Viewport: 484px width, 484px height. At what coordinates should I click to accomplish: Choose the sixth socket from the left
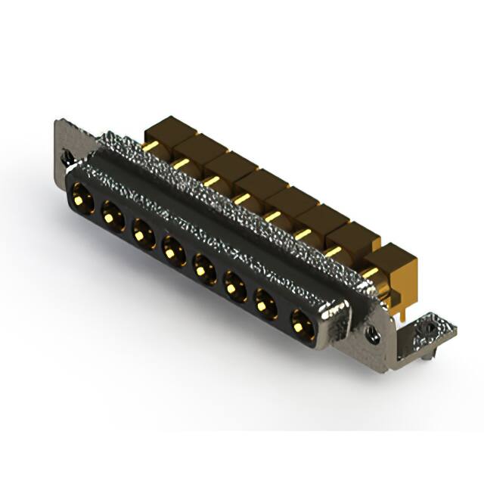pos(234,284)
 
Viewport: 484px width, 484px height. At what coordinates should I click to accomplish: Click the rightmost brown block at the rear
pos(394,262)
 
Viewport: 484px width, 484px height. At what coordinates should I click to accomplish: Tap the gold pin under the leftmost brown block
pos(151,145)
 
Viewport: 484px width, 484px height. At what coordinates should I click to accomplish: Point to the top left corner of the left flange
pos(57,122)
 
